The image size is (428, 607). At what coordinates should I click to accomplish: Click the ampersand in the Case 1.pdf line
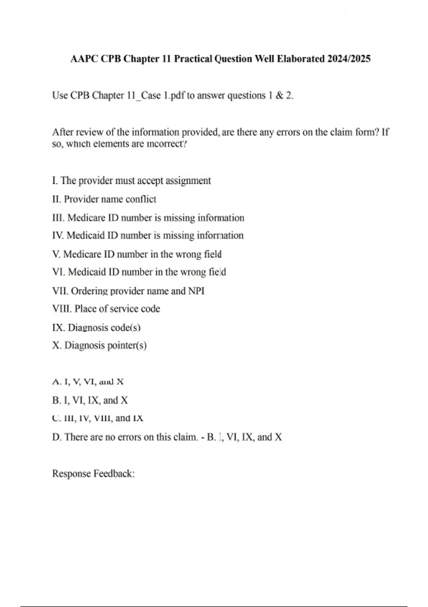coord(280,96)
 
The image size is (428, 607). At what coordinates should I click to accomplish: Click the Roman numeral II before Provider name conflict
coord(56,199)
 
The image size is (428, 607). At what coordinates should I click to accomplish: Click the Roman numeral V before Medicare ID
coord(56,254)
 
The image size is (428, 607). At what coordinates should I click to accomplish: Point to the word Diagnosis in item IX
coord(88,328)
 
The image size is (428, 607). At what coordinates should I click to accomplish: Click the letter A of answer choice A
coord(56,382)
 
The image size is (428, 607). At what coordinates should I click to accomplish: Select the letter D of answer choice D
coord(56,437)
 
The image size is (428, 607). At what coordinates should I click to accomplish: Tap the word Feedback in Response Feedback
coord(114,474)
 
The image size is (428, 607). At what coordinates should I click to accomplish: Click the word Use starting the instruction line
coord(60,96)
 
